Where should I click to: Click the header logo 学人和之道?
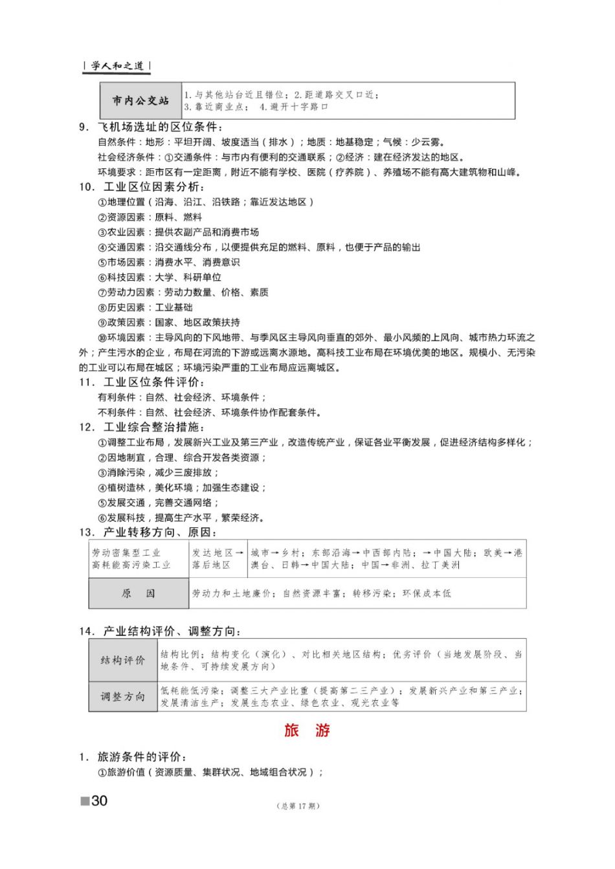point(117,66)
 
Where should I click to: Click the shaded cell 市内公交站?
point(140,101)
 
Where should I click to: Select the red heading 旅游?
point(307,731)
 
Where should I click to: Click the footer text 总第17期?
point(298,806)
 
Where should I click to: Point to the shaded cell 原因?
point(139,593)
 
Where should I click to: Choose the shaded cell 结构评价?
point(123,660)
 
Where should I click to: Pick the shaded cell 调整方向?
point(123,696)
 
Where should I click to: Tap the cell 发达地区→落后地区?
point(218,559)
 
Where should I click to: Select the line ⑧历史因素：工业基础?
point(145,307)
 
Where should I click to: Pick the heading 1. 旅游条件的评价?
point(134,757)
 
